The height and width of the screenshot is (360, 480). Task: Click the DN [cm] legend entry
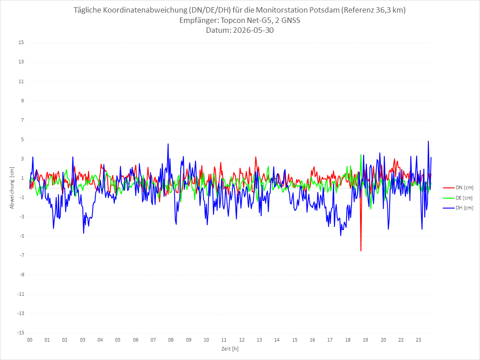click(x=458, y=188)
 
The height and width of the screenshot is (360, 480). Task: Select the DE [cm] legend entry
click(x=458, y=198)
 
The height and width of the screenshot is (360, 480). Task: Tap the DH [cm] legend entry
click(x=458, y=208)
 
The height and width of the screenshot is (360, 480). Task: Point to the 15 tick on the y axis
click(x=21, y=43)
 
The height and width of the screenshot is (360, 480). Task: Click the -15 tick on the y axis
click(x=21, y=333)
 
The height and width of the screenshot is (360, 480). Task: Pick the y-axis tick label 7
click(x=22, y=120)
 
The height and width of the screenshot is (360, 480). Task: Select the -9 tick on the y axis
click(x=22, y=275)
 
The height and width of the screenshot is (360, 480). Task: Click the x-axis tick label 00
click(x=30, y=340)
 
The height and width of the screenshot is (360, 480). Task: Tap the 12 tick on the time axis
click(x=242, y=340)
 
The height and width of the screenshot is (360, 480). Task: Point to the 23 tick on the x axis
click(x=418, y=340)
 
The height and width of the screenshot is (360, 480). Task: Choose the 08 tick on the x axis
click(x=171, y=340)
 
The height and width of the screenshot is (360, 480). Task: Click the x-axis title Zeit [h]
click(x=230, y=349)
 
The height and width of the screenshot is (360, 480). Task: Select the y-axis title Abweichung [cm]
click(x=12, y=188)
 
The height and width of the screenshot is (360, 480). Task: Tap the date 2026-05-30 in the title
click(x=253, y=30)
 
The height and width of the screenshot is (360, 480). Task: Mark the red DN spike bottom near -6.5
click(x=361, y=251)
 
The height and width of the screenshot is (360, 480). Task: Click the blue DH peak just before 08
click(x=168, y=143)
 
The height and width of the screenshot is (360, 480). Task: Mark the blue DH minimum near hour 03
click(x=84, y=234)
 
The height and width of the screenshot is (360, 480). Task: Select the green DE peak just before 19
click(x=361, y=155)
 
